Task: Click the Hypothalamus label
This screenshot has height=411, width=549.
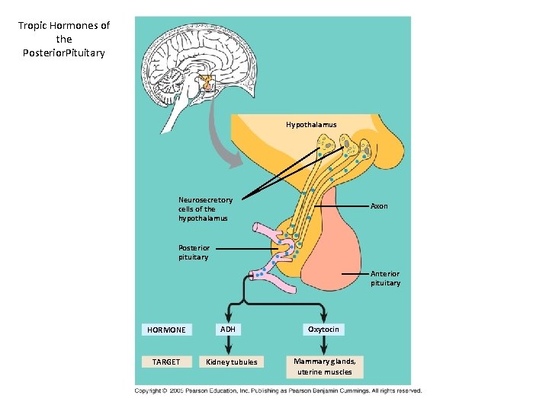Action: point(311,124)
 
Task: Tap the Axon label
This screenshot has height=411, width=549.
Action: point(379,205)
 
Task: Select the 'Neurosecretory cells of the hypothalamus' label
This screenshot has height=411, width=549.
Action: point(205,209)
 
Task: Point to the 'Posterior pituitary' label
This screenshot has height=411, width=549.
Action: point(194,252)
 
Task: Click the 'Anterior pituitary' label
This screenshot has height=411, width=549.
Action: point(385,279)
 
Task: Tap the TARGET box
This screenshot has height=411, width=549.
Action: point(166,362)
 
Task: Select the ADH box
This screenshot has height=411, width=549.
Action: point(227,329)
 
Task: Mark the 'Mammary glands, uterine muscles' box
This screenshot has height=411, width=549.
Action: point(325,366)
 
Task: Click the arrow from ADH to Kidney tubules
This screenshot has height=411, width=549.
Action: point(227,345)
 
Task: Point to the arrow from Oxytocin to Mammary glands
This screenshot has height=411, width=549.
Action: point(324,345)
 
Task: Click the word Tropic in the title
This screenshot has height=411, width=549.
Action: point(33,25)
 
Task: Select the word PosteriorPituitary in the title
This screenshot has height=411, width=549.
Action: point(64,53)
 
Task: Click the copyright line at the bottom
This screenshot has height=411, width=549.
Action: point(278,390)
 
